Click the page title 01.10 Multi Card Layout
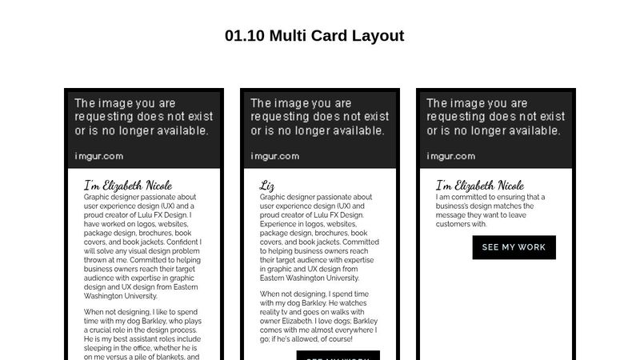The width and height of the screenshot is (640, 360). (314, 36)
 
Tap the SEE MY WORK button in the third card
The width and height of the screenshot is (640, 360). (514, 247)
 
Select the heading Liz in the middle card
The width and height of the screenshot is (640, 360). (267, 186)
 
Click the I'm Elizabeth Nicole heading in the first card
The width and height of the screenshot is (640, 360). (128, 186)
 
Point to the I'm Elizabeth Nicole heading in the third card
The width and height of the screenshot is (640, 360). (480, 186)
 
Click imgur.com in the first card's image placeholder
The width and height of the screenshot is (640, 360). (99, 156)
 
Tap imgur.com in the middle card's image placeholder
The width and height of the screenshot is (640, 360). (275, 156)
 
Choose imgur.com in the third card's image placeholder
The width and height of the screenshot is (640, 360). (451, 156)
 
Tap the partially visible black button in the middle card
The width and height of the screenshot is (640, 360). (338, 355)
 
